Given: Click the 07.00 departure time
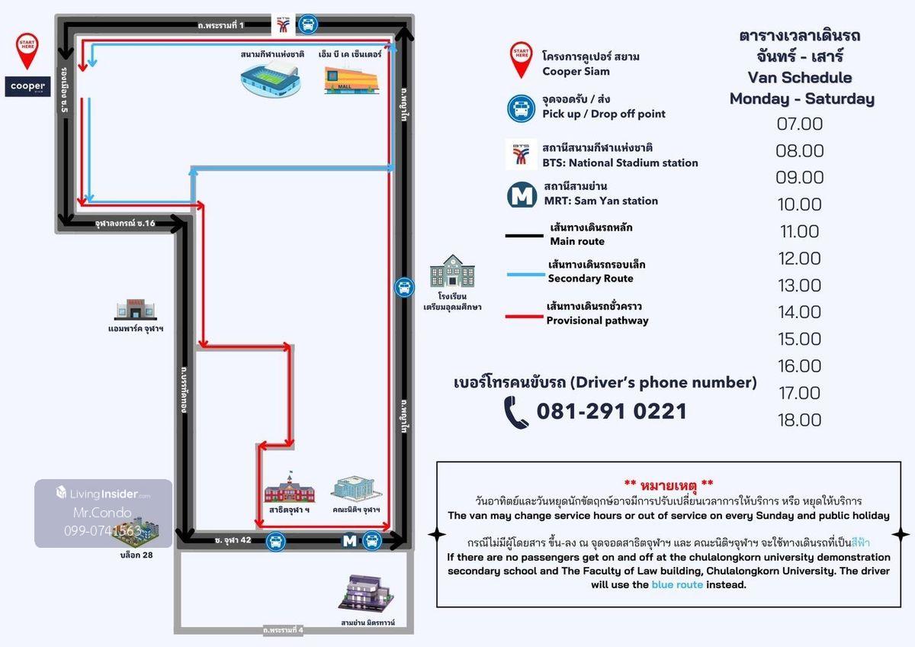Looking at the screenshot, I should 800,124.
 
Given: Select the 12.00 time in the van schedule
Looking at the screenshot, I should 799,259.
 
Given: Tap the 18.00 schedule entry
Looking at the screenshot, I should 799,420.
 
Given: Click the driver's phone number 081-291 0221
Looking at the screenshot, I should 612,412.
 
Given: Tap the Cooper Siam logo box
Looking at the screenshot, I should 27,86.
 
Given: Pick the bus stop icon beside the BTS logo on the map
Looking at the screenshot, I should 307,24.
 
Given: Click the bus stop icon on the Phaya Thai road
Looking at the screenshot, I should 404,288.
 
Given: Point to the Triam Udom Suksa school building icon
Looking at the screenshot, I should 452,272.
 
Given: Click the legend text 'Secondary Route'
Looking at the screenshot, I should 590,278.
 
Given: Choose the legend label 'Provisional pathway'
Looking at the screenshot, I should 597,320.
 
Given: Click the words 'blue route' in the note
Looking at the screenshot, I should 677,585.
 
